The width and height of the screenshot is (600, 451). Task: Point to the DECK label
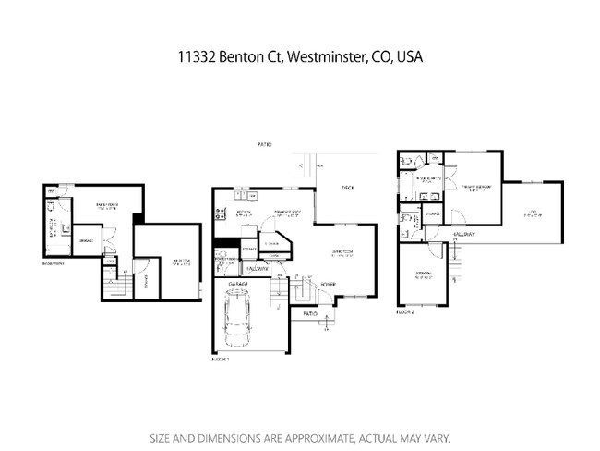347,188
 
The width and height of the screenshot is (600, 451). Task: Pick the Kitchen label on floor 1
245,212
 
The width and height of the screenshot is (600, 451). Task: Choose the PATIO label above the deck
266,146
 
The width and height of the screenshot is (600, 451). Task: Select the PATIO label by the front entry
310,313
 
